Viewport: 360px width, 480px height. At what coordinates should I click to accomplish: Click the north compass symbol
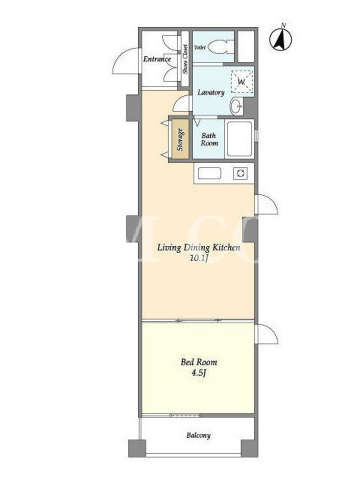(x=280, y=38)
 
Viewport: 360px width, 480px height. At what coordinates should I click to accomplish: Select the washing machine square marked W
(x=242, y=82)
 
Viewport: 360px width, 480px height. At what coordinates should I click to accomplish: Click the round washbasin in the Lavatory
(x=236, y=106)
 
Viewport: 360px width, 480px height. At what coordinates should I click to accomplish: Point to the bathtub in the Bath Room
(x=239, y=139)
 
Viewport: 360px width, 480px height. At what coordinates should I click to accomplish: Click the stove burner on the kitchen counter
(x=240, y=173)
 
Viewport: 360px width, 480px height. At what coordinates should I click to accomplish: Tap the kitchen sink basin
(x=209, y=173)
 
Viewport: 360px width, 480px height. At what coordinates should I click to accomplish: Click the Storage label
(x=181, y=139)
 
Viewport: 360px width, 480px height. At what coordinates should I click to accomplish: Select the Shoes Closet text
(x=185, y=59)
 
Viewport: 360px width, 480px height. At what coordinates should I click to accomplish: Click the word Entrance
(x=157, y=59)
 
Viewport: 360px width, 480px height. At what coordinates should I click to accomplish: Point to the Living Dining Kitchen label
(x=199, y=247)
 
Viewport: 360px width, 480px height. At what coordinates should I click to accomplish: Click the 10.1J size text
(x=199, y=259)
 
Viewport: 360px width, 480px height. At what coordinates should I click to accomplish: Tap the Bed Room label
(x=199, y=362)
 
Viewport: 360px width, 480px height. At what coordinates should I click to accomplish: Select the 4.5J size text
(x=199, y=373)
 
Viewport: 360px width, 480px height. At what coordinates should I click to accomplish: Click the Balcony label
(x=199, y=436)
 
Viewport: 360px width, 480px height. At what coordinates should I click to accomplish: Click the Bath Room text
(x=209, y=139)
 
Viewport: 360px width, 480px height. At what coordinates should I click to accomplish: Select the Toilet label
(x=200, y=47)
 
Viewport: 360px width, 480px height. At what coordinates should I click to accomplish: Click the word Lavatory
(x=211, y=92)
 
